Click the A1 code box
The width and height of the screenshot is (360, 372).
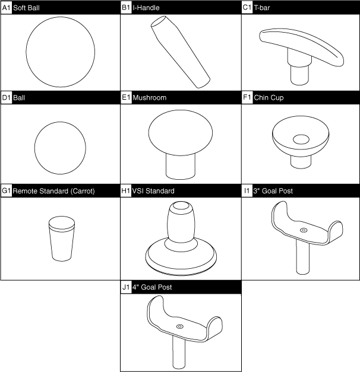(7, 8)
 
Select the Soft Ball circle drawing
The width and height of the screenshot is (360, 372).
(61, 52)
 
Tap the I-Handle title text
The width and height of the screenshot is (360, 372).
(146, 8)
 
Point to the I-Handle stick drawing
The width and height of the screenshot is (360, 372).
(181, 52)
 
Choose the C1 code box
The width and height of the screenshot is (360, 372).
(247, 8)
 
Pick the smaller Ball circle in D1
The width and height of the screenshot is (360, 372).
(60, 148)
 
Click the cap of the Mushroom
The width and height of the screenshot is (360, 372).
(181, 132)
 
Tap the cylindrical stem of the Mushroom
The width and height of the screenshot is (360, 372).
(181, 167)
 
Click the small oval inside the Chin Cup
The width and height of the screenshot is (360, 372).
(301, 139)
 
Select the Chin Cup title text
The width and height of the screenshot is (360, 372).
(269, 98)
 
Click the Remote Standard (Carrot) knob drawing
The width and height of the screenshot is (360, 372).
(62, 239)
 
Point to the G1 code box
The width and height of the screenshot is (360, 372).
(7, 190)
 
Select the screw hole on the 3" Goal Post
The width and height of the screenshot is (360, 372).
(304, 230)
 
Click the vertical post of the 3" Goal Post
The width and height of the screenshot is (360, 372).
(303, 258)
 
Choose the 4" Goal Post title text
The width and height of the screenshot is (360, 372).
(152, 287)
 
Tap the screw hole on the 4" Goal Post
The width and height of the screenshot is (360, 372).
(180, 327)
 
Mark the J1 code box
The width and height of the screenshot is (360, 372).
(126, 287)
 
